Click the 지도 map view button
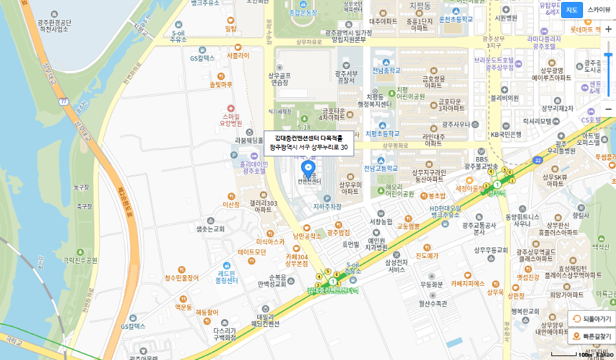pos(571,10)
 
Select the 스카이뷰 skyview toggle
pos(598,10)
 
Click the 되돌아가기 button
pos(591,319)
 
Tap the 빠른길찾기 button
pos(591,336)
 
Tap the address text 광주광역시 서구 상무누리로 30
pos(308,147)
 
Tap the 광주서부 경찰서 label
pos(345,77)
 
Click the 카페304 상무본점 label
pos(297,260)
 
